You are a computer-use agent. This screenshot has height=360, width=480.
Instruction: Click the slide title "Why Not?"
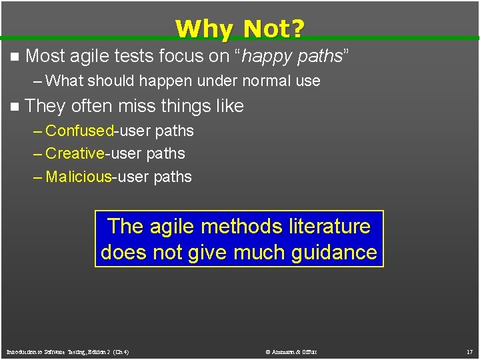(240, 29)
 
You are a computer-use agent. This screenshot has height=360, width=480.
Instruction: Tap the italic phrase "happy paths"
(292, 57)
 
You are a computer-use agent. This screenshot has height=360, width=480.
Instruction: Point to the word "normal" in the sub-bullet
(248, 81)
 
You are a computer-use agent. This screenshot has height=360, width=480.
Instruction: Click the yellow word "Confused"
(80, 131)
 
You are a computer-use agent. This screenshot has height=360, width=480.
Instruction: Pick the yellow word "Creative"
(75, 153)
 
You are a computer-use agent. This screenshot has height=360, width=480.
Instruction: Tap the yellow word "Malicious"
(79, 177)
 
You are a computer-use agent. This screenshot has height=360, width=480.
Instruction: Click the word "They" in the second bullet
(45, 106)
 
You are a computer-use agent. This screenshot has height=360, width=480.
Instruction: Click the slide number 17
(469, 352)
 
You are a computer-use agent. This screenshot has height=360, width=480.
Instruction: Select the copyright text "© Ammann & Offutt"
(291, 352)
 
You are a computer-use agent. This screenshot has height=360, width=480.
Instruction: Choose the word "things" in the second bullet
(195, 106)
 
